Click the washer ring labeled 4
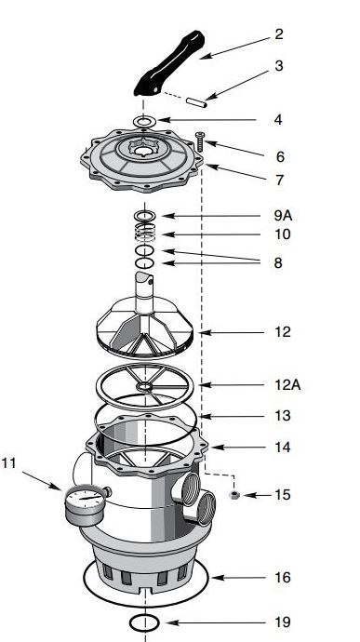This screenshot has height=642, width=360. (x=143, y=121)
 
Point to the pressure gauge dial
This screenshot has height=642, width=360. (x=86, y=506)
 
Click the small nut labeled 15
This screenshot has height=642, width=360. (x=234, y=494)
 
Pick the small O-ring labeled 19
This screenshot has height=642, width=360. (x=145, y=620)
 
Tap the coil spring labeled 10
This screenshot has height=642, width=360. (x=143, y=234)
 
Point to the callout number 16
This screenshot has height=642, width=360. (x=282, y=578)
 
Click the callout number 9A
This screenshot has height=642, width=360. (x=277, y=215)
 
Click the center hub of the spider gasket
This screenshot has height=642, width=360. (x=146, y=385)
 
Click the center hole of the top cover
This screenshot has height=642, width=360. (x=143, y=149)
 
